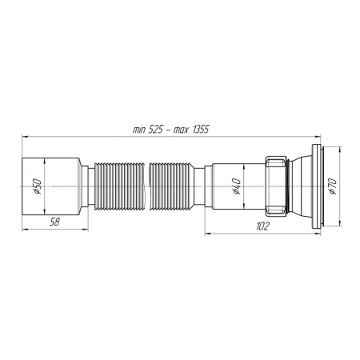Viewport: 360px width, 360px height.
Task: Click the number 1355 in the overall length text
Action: pyautogui.click(x=198, y=130)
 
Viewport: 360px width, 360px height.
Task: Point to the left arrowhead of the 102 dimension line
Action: pyautogui.click(x=210, y=234)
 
